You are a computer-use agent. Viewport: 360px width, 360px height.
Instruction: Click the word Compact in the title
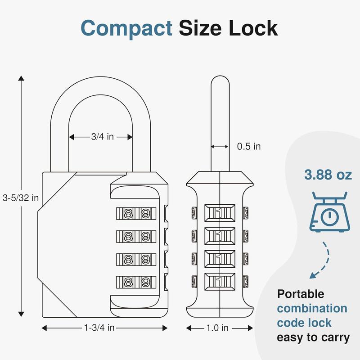[126, 28]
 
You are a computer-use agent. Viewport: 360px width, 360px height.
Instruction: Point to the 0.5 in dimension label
[249, 146]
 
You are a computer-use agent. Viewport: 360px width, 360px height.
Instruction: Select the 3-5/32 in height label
[20, 197]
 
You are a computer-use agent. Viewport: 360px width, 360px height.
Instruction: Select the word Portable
[301, 294]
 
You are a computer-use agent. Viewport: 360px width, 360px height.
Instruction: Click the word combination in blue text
[312, 308]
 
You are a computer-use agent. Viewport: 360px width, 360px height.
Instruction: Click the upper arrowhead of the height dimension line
[21, 79]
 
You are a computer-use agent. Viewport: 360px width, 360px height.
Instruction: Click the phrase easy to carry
[313, 337]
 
